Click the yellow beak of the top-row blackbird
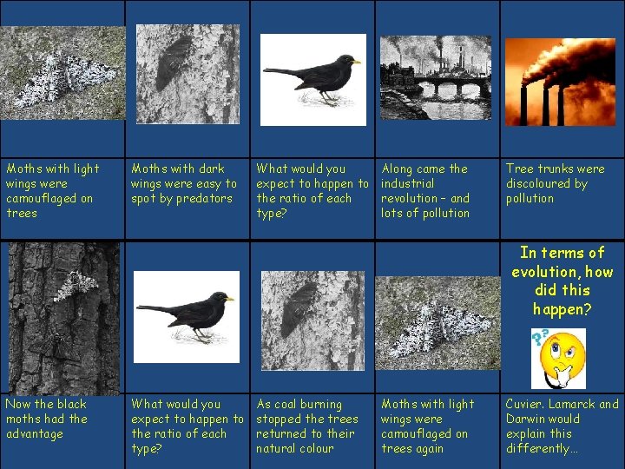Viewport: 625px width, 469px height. tap(356, 62)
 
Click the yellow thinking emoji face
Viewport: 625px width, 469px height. tap(564, 357)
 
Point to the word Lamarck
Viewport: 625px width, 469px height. tap(574, 404)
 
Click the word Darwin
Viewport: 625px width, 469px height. tap(529, 419)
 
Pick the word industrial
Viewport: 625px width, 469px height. tap(409, 183)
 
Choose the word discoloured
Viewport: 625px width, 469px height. tap(537, 183)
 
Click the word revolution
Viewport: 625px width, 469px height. tap(412, 198)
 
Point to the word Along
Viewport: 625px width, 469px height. tap(398, 168)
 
